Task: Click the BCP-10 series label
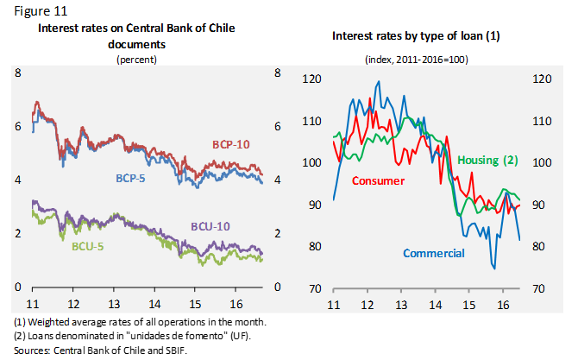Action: pyautogui.click(x=230, y=144)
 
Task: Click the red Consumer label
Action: pyautogui.click(x=379, y=180)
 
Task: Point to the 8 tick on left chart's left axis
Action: pyautogui.click(x=18, y=73)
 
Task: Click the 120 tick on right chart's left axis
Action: pyautogui.click(x=311, y=79)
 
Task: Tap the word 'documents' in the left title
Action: pyautogui.click(x=136, y=41)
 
